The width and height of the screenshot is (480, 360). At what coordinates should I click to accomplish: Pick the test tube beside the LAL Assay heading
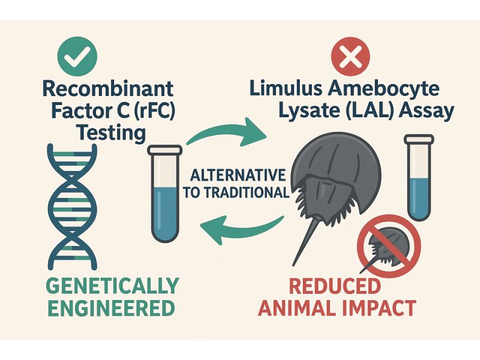pyautogui.click(x=421, y=177)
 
